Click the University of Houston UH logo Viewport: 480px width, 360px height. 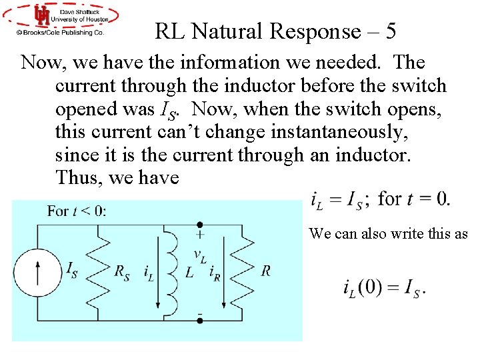pos(42,15)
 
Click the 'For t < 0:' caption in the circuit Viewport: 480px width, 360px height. pos(77,211)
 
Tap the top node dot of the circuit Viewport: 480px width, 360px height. pos(199,225)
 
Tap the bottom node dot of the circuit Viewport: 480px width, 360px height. pos(199,321)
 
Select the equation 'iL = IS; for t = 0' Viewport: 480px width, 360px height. pos(380,199)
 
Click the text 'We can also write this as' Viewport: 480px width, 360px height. pos(389,233)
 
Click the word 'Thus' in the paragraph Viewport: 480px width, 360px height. pos(75,178)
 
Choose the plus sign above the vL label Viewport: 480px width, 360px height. pos(199,235)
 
